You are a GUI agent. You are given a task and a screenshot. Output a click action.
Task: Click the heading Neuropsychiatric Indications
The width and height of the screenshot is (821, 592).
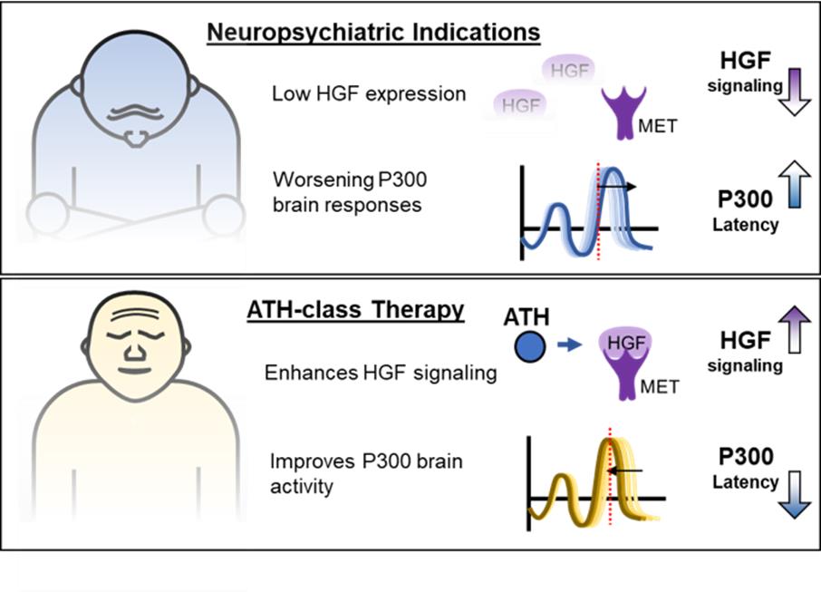tap(373, 34)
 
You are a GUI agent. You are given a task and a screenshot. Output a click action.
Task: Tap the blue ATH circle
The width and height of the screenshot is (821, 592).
tap(528, 347)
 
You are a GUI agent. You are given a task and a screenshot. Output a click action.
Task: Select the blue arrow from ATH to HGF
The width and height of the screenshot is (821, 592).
tap(569, 347)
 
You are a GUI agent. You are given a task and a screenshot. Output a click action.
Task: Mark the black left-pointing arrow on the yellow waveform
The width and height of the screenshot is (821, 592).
tap(625, 471)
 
